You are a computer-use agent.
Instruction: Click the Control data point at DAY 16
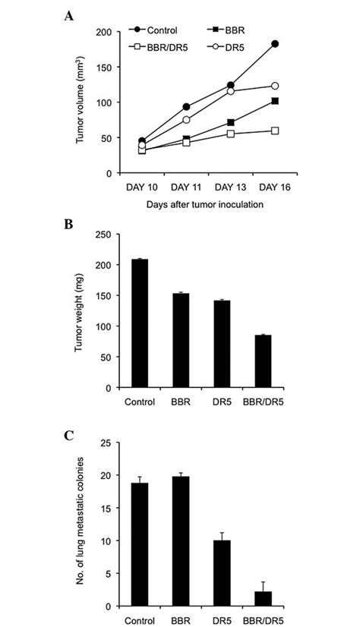tap(275, 44)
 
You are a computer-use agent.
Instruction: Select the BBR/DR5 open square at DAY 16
tap(275, 131)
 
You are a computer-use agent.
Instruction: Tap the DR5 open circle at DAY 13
tap(230, 91)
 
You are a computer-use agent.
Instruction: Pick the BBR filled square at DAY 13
tap(230, 122)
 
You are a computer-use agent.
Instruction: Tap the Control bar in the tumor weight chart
tap(141, 323)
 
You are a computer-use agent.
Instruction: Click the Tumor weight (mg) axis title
tap(78, 311)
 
